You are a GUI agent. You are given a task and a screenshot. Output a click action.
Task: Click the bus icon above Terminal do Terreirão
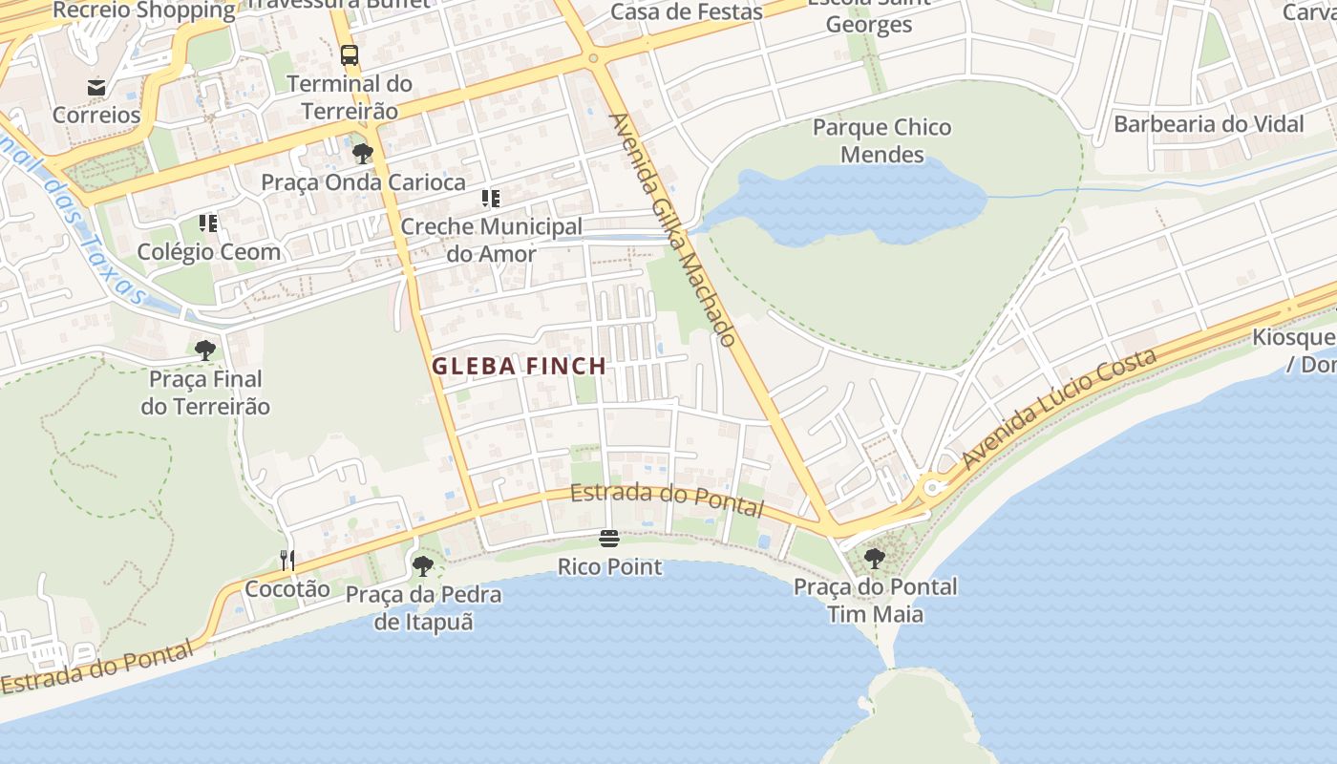[x=350, y=55]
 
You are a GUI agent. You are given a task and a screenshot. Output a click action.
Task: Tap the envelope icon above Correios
[x=96, y=88]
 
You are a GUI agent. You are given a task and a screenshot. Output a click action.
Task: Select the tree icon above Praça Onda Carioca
[x=362, y=154]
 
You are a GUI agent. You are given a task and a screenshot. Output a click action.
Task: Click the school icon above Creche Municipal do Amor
[x=491, y=199]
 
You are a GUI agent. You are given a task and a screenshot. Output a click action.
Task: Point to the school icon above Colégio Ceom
[x=208, y=223]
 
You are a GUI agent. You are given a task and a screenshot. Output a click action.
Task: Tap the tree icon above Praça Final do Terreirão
[x=205, y=350]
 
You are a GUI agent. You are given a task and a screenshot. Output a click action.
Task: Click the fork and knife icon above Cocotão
[x=287, y=560]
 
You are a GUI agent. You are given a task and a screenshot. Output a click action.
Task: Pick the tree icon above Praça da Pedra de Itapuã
[x=422, y=566]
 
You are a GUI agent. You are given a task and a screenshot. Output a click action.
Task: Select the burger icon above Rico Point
[x=609, y=539]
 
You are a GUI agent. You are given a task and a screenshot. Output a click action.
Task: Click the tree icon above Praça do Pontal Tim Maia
[x=874, y=558]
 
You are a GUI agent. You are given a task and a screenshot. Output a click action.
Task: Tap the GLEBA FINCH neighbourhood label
[x=519, y=366]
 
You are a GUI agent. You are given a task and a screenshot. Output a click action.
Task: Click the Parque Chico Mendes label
[x=881, y=140]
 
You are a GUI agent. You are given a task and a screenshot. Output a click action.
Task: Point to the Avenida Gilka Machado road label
[x=673, y=229]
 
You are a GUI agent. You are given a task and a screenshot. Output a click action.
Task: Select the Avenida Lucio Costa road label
[x=1060, y=409]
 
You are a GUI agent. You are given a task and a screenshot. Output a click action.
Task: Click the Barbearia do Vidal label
[x=1208, y=124]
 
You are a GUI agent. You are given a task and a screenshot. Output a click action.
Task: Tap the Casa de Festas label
[x=686, y=12]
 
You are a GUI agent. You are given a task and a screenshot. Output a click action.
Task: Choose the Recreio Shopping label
[x=143, y=11]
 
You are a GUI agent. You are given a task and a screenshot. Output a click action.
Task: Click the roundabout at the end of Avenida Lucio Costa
[x=933, y=488]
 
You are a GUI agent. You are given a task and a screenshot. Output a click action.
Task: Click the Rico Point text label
[x=609, y=566]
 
